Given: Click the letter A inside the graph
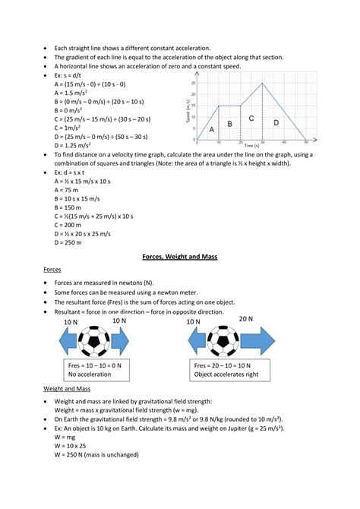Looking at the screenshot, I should (x=212, y=130).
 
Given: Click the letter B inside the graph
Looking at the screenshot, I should (x=229, y=123).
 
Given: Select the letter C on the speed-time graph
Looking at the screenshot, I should (x=251, y=119).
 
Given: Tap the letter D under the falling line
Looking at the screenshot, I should (x=276, y=122).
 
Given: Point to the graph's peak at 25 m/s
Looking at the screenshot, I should (x=263, y=84).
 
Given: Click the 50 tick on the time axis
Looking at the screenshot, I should (x=306, y=144).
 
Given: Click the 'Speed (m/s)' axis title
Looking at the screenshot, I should (x=188, y=112).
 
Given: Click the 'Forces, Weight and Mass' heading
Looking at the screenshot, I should (x=180, y=258).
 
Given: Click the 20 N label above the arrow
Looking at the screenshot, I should (x=247, y=321).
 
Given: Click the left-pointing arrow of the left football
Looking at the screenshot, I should (x=65, y=340).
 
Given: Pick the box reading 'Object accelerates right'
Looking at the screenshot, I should (x=228, y=370).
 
